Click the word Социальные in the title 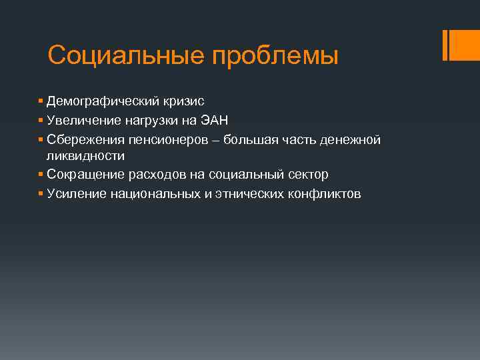(x=127, y=55)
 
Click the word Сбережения (x=82, y=139)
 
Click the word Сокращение (x=83, y=175)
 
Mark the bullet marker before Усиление (x=41, y=193)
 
